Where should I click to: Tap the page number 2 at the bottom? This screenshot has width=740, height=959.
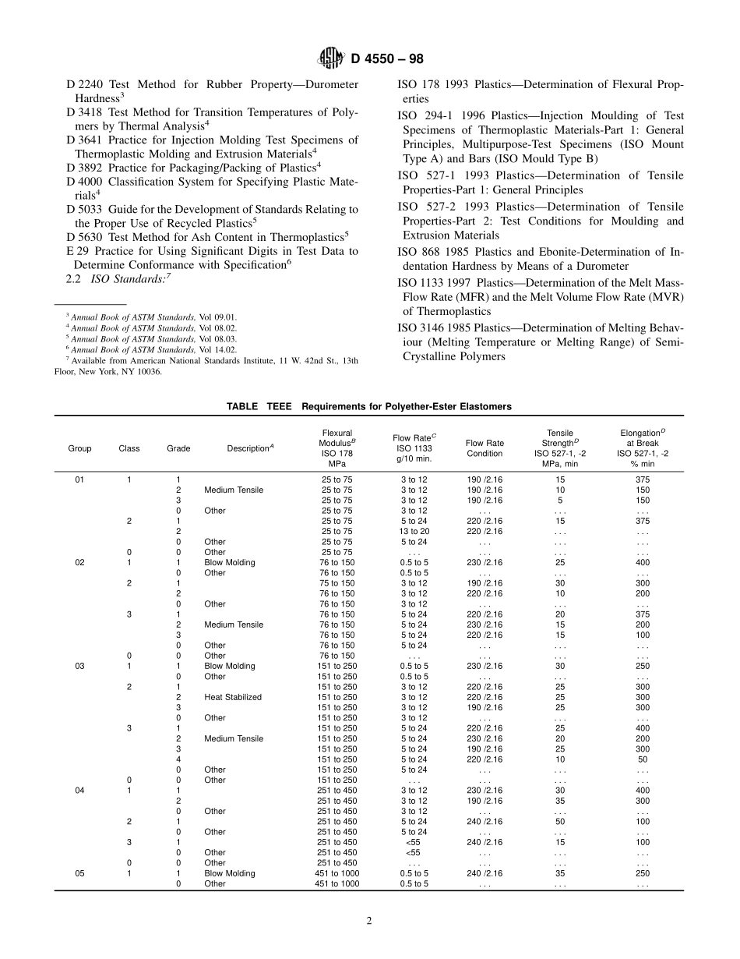tap(369, 920)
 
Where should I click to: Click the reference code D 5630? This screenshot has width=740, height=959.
tap(86, 235)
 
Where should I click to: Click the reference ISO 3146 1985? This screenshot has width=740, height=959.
tap(433, 327)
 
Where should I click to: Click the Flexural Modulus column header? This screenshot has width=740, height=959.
tap(337, 448)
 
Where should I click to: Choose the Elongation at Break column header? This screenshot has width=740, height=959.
tap(642, 448)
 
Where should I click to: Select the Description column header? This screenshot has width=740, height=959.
tap(250, 448)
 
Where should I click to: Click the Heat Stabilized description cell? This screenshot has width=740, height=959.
tap(233, 697)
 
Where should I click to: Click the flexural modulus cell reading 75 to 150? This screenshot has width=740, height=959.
tap(337, 583)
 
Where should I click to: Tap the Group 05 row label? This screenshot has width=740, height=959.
tap(79, 873)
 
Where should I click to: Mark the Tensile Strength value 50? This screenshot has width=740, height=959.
tap(559, 822)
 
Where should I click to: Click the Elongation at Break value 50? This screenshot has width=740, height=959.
tap(642, 759)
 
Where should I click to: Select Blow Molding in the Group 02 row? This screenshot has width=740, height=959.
tap(229, 562)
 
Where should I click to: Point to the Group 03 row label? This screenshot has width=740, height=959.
tap(79, 666)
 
